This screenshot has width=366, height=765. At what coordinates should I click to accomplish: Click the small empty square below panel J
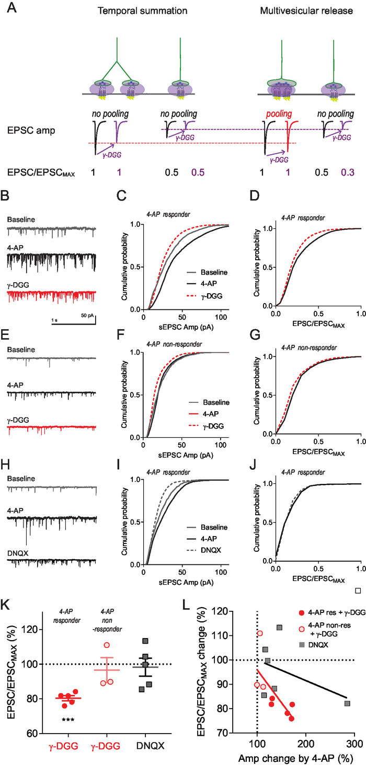point(358,591)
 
